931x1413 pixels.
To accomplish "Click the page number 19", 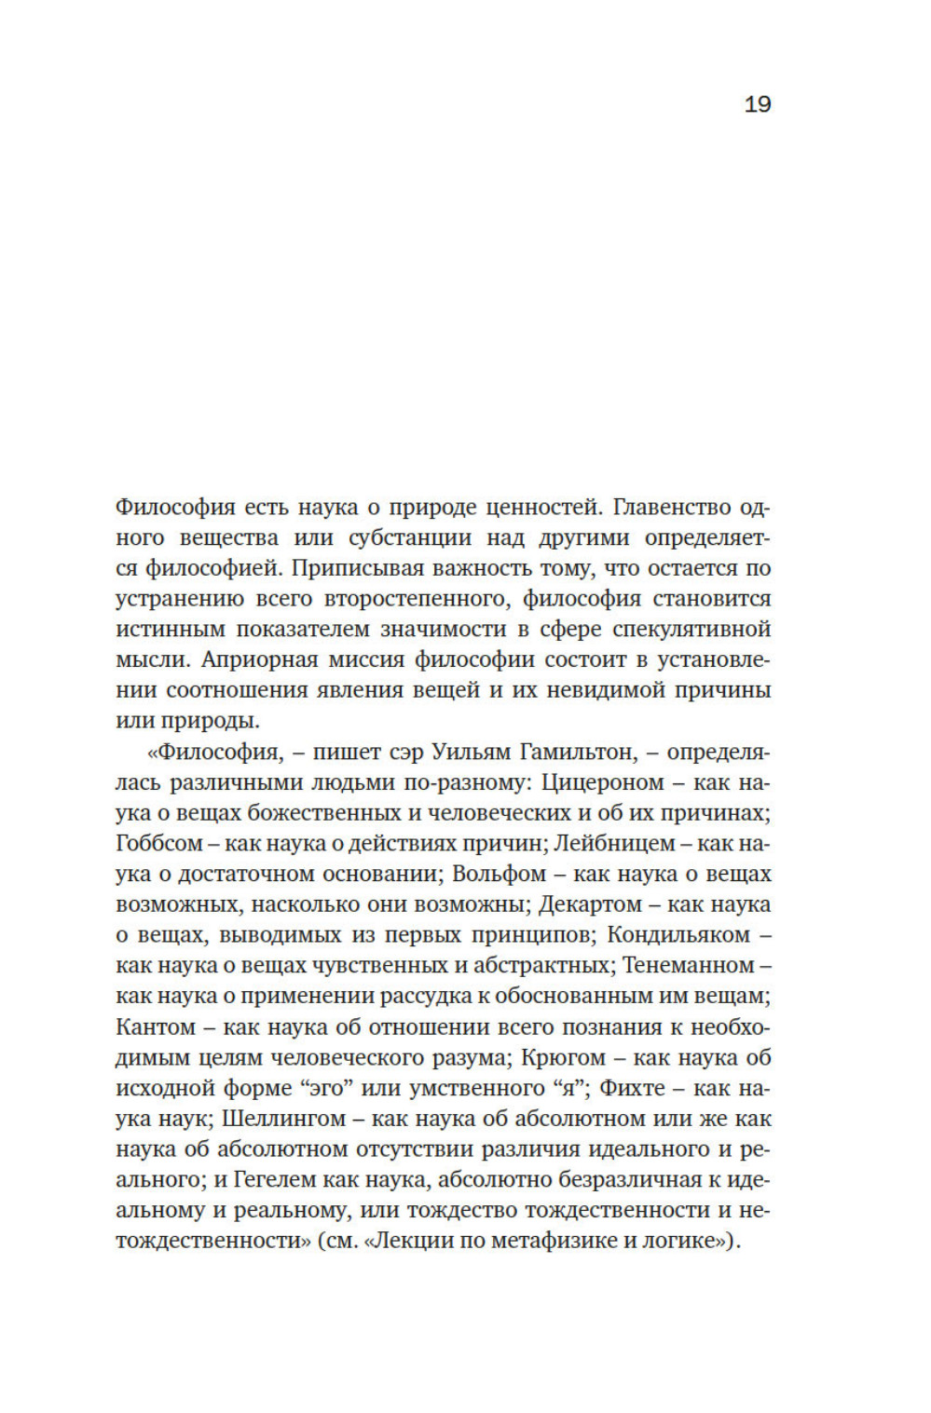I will click(757, 104).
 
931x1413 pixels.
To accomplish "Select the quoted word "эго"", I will click(315, 1088).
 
